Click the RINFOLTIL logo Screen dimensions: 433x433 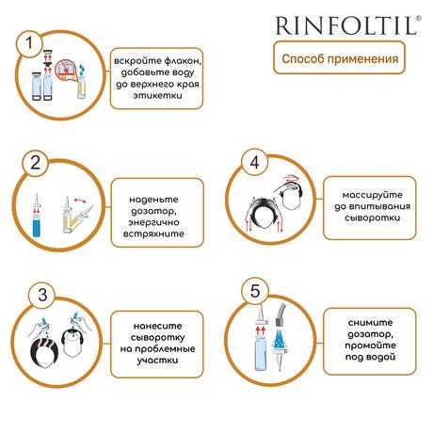(x=347, y=25)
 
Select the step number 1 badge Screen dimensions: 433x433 (x=29, y=43)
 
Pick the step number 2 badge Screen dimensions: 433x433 (x=36, y=163)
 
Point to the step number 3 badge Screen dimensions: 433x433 (x=42, y=296)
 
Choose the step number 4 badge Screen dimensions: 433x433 (x=254, y=162)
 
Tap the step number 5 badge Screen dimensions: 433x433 (x=255, y=291)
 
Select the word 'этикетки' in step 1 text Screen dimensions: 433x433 (x=157, y=95)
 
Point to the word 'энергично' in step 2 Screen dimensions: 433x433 (x=153, y=222)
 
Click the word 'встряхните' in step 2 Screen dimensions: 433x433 (x=153, y=233)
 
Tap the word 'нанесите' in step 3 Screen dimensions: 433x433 (x=157, y=326)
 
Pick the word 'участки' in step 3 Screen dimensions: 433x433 (x=157, y=360)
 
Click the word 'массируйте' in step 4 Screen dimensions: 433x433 (x=373, y=195)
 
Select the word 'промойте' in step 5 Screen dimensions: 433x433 (x=371, y=345)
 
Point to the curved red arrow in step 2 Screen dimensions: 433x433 (x=80, y=200)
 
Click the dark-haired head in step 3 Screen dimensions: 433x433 (x=44, y=354)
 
